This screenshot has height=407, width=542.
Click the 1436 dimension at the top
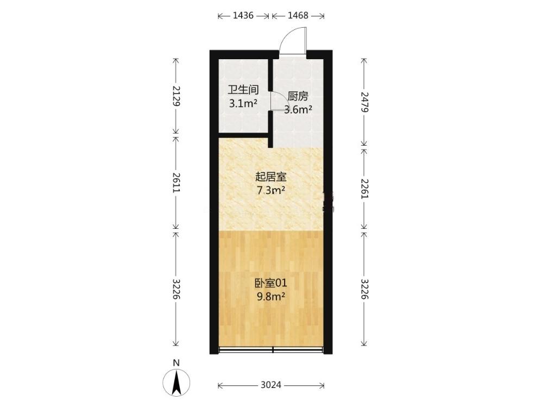pos(244,16)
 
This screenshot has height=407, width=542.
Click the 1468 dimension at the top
pos(298,16)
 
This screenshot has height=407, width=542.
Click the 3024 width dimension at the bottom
pos(271,385)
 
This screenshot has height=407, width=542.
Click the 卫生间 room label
pos(243,90)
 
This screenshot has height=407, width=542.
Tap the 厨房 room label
pos(298,96)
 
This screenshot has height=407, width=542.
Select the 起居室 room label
pos(270,177)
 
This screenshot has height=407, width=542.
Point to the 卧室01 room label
pos(270,283)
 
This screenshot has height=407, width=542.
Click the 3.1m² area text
pos(243,103)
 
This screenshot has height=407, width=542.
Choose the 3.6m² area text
pos(298,109)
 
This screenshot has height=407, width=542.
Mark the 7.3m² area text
pos(271,190)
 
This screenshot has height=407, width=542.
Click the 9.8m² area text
pos(271,296)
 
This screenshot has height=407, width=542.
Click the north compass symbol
pos(177,383)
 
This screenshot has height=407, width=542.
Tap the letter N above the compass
pos(177,363)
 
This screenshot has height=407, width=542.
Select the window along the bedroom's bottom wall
pos(271,350)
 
